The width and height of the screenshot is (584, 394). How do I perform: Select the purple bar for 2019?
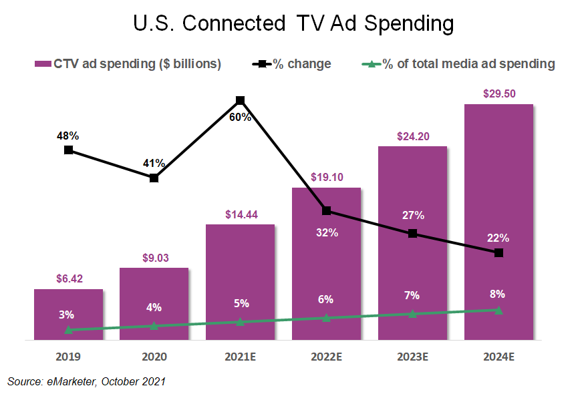68,314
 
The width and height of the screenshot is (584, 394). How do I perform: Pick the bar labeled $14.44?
240,280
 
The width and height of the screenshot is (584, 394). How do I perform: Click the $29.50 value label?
499,94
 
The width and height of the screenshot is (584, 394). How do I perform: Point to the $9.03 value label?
154,258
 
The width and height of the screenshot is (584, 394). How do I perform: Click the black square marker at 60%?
241,101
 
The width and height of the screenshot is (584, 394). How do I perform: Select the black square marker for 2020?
154,178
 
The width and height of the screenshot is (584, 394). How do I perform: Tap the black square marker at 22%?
498,252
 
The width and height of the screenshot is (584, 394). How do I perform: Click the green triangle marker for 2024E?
498,310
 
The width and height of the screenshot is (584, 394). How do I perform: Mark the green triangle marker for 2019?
68,330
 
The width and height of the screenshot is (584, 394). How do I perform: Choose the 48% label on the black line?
68,136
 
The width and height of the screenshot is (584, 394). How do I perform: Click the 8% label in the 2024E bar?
498,293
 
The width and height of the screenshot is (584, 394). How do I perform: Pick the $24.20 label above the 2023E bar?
412,136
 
